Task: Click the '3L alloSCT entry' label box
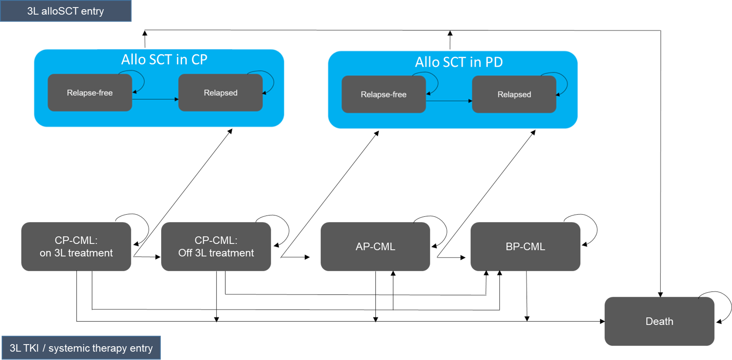65,11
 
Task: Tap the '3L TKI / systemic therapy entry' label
81,348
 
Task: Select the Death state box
659,321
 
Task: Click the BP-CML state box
525,247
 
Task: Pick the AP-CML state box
375,247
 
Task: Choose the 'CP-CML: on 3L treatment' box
76,247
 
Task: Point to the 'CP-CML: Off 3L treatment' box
216,247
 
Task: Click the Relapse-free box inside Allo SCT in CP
90,93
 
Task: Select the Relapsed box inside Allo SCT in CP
220,93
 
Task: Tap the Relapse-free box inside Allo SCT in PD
384,95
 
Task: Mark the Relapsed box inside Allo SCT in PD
514,95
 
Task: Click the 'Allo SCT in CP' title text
164,60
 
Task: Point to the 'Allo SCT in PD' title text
459,62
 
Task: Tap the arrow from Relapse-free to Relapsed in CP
155,99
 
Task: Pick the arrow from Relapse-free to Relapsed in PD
448,101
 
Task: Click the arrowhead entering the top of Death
660,294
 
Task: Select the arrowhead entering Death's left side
602,321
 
